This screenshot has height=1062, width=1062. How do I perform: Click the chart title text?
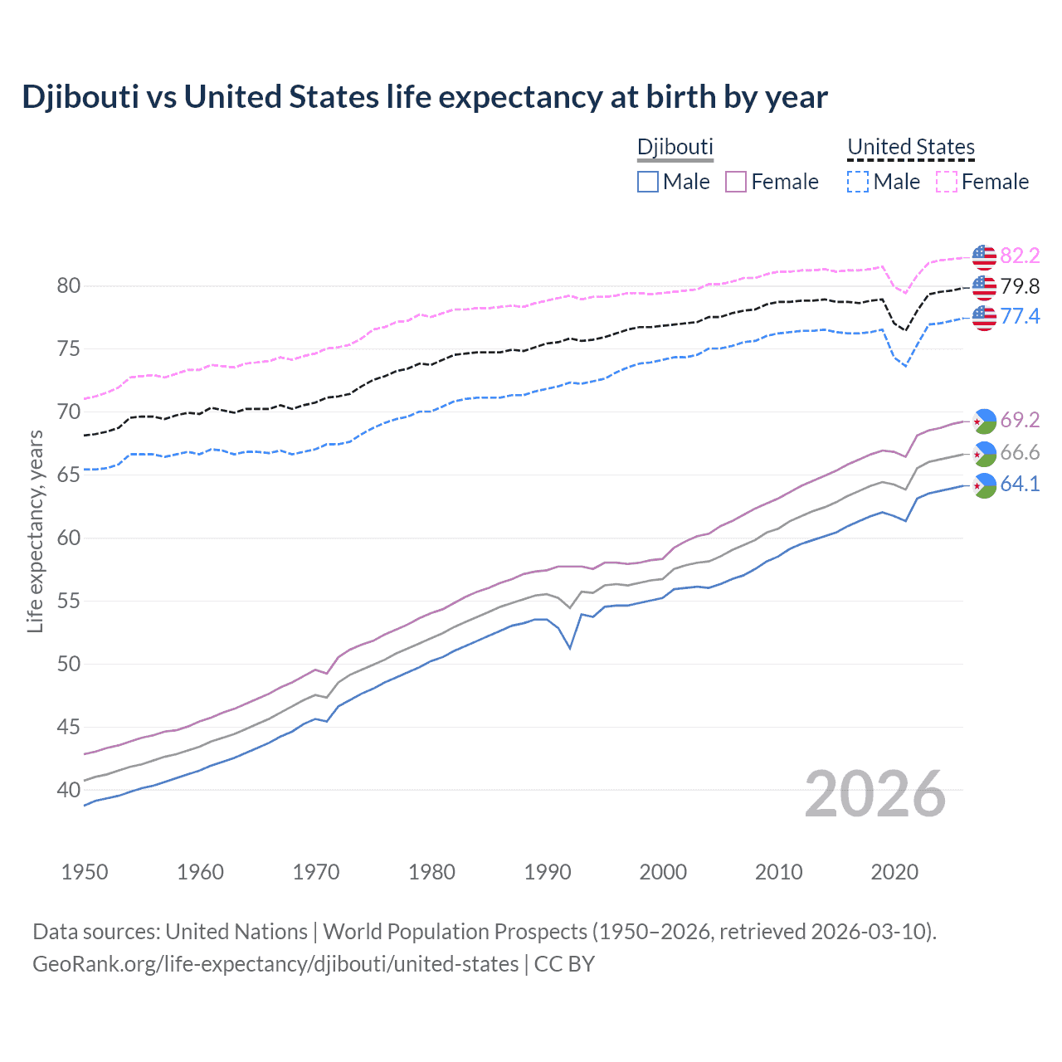click(424, 97)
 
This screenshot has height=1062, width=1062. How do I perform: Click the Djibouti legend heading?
click(675, 147)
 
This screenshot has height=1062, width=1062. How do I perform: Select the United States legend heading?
click(910, 147)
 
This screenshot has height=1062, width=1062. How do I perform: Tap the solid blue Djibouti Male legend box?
click(648, 182)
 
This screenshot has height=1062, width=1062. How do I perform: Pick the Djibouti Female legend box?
click(736, 182)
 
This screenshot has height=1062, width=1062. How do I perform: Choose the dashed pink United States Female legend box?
click(947, 182)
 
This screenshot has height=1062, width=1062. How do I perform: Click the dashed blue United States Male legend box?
click(858, 182)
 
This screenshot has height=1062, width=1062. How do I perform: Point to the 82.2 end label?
click(1020, 256)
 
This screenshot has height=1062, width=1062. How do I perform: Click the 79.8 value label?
click(1020, 287)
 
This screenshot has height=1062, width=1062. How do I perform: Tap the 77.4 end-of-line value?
click(1020, 316)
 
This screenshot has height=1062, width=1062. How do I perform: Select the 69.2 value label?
click(1020, 421)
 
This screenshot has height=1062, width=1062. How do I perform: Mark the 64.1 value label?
click(1020, 484)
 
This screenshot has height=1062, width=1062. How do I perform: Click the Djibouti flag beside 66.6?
click(984, 453)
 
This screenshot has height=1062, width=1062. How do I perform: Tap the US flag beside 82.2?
click(984, 257)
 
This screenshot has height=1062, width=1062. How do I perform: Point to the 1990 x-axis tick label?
click(548, 872)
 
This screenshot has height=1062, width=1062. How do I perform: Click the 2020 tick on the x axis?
click(894, 872)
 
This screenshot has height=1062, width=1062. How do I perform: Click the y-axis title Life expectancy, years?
click(36, 531)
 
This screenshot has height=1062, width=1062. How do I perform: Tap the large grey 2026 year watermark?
click(874, 795)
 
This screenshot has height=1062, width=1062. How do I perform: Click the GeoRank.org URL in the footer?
click(275, 964)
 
